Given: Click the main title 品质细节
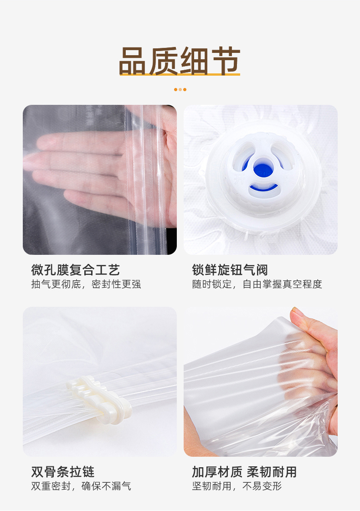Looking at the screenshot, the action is pos(180,61).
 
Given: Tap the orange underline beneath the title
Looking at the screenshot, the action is pos(180,74).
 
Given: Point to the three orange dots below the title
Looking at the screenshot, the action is pos(180,90).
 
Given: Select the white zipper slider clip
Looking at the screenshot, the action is pos(99,399).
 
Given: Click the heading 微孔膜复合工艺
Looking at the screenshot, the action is pos(76,270).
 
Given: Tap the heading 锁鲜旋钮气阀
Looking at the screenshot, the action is pos(230,270).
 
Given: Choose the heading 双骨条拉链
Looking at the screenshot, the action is pos(63,471).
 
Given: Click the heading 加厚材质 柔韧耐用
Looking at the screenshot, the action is pos(244,471).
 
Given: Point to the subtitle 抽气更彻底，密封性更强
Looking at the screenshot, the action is pos(86,284).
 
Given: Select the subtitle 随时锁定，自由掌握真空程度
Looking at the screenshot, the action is pos(257,284).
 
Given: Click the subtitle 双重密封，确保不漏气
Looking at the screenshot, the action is pos(81,486).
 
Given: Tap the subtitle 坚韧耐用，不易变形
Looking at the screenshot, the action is pos(237,486).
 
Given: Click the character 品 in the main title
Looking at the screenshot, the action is pos(132,61).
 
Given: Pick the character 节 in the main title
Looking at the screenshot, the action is pos(226,61).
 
